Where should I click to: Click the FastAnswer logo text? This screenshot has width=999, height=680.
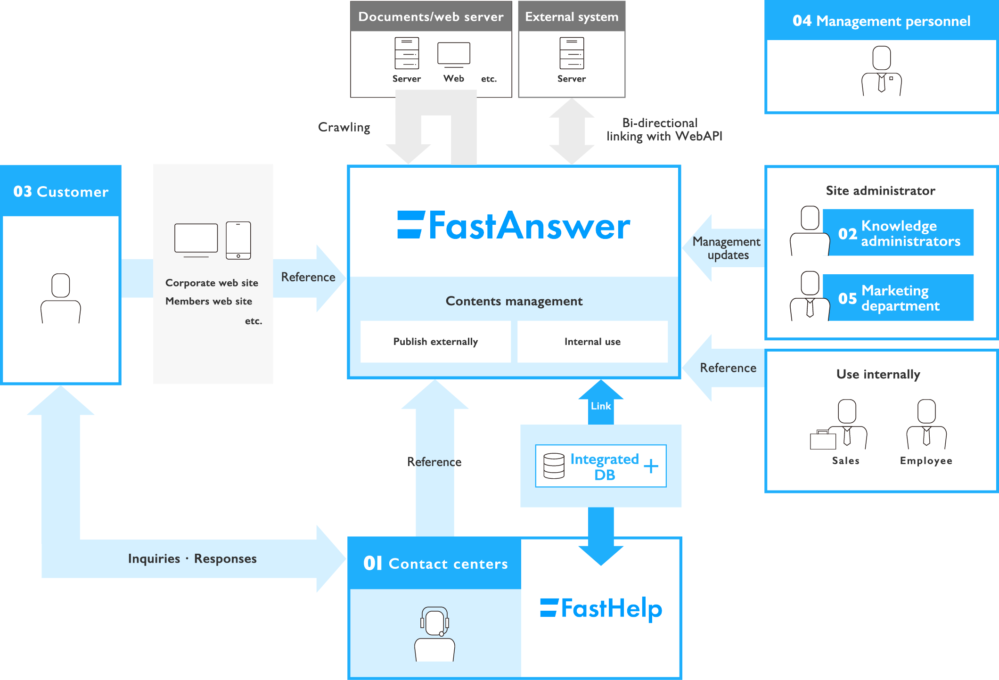pos(514,226)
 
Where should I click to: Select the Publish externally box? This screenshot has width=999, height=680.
pos(435,342)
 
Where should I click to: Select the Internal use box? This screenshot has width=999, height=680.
pos(592,342)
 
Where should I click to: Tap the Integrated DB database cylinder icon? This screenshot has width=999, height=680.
pos(554,466)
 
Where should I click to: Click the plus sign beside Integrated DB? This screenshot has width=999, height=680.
pos(651,466)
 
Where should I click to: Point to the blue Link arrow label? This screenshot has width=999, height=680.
pos(601,406)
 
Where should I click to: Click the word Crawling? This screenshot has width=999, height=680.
pos(344,127)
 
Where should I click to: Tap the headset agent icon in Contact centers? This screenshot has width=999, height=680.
pos(434,633)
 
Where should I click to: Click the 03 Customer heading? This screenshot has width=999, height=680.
pos(61,191)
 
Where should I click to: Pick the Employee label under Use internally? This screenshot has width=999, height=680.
pos(926,460)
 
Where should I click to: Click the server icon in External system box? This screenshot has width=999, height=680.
pos(572,53)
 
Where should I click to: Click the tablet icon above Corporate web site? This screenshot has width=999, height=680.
pos(238,240)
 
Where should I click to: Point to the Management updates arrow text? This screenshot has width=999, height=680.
pos(727,248)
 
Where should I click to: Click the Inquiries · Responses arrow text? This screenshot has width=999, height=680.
pos(192,558)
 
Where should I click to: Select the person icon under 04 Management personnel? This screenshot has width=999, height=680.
pos(881,71)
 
